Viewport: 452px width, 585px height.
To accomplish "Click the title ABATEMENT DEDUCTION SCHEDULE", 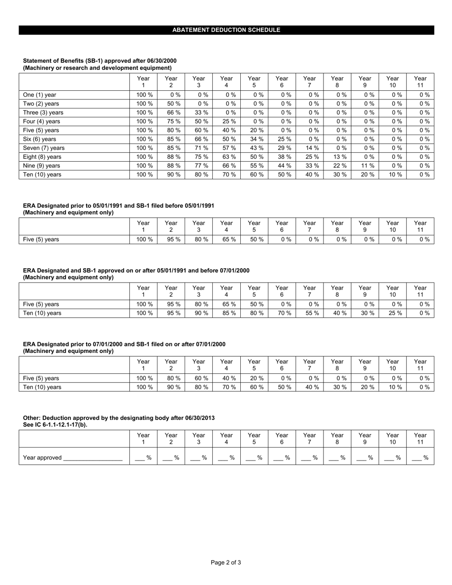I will point(226,30).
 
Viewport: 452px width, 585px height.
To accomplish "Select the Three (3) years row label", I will point(43,113).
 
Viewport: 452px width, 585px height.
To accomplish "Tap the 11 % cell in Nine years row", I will point(365,166).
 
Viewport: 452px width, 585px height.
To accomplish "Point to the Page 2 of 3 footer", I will point(226,563).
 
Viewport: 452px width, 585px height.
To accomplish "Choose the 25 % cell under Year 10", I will point(393,313).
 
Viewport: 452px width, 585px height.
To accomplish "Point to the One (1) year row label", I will point(40,95).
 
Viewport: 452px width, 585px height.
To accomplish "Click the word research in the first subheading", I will point(78,68).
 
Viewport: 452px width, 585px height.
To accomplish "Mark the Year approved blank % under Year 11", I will point(421,458).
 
